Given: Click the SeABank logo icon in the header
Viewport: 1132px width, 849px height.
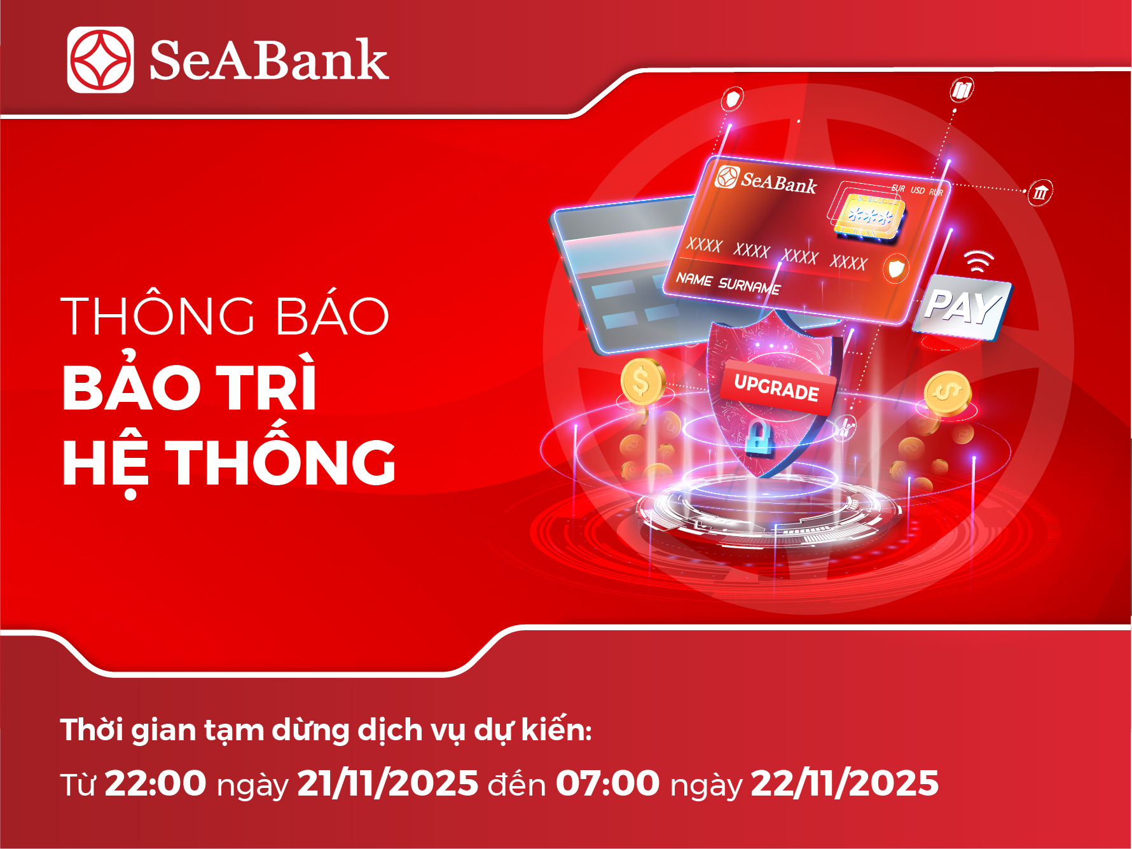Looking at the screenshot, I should click(x=100, y=60).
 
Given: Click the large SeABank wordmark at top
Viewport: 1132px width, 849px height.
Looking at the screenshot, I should click(x=268, y=60).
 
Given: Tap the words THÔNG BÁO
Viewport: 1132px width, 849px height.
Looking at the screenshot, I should click(x=225, y=316).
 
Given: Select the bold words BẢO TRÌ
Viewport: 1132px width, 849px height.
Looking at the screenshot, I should click(x=190, y=387).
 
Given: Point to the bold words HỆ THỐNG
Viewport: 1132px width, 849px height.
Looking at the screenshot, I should click(x=229, y=463).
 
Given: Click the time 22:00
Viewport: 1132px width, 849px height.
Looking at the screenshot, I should click(x=155, y=783).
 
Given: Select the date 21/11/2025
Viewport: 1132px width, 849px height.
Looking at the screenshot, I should click(x=387, y=783).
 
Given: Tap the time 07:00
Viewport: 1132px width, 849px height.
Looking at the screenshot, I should click(x=607, y=783).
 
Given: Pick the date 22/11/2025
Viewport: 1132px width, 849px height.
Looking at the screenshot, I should click(x=845, y=783).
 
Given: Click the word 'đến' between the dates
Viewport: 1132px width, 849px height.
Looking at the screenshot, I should click(x=516, y=784).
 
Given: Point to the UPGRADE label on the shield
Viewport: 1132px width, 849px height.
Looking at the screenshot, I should click(x=777, y=387).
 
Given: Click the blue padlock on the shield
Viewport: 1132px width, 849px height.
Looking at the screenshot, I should click(x=759, y=438).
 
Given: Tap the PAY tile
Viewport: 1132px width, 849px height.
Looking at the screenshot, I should click(x=962, y=307).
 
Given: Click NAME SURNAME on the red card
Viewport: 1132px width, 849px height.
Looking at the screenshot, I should click(x=728, y=284).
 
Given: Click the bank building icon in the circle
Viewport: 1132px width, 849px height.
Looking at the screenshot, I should click(x=1040, y=192).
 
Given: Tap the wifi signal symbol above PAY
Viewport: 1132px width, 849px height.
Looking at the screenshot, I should click(x=978, y=260).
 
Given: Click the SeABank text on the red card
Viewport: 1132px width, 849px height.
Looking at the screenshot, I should click(x=778, y=183).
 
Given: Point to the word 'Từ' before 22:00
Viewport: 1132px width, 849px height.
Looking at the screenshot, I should click(x=78, y=785).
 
